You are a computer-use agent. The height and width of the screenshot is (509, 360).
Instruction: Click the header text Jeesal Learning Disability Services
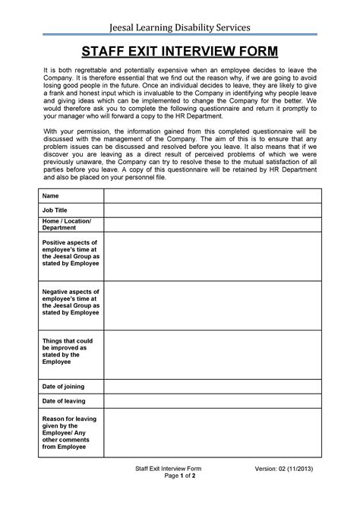179,28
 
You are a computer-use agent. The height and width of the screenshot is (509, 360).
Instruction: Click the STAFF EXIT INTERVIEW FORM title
179,52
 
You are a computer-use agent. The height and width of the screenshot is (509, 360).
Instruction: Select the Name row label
50,196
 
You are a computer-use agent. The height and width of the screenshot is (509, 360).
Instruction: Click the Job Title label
55,209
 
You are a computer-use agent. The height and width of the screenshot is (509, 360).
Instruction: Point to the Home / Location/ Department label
67,224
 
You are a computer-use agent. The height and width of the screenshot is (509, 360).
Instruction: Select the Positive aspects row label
71,252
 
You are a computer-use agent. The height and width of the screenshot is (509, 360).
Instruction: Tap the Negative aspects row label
71,302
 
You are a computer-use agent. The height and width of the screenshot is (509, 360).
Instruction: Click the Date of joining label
64,386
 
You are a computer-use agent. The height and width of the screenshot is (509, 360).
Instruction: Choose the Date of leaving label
64,400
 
